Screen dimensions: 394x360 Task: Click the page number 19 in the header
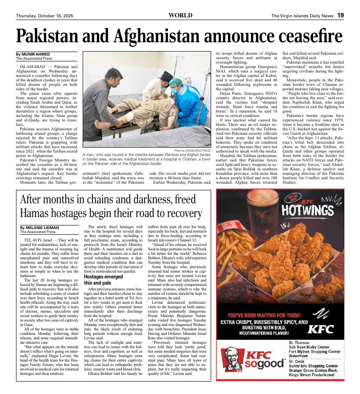tap(340, 16)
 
